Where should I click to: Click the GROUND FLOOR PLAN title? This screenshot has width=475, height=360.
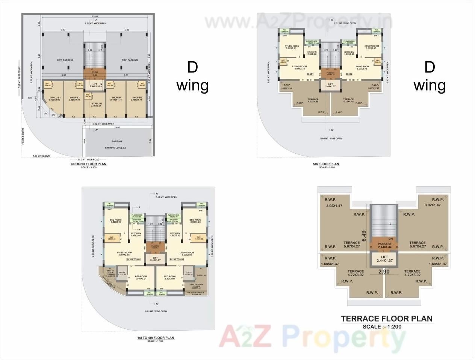88,164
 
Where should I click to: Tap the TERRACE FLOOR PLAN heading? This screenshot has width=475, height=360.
387,319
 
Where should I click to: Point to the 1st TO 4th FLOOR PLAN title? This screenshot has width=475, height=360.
156,338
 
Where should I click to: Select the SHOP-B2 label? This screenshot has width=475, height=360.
74,98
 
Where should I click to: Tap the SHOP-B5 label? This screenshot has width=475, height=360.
137,98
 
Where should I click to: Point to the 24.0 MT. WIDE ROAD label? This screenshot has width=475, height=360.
88,160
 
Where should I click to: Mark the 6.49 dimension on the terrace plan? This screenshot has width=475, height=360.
364,236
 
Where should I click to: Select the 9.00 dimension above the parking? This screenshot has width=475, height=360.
118,127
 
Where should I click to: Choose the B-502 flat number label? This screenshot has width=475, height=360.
349,74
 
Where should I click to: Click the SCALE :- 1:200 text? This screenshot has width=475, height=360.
382,327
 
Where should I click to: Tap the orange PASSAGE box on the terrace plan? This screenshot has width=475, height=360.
384,245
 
